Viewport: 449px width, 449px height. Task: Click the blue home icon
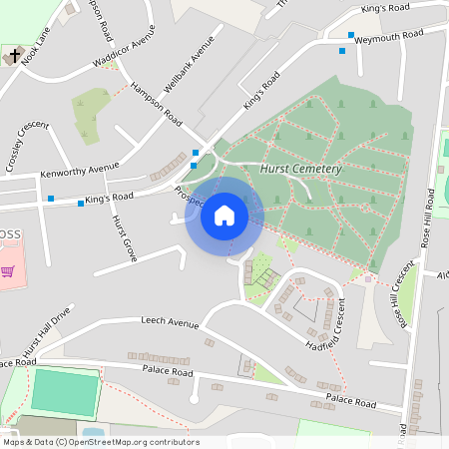pos(224,216)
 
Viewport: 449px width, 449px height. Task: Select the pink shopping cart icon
pos(8,270)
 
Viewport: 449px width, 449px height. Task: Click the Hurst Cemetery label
pos(300,170)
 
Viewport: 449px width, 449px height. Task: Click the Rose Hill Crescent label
pos(404,295)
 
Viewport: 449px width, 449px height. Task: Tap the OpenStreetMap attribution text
pos(101,442)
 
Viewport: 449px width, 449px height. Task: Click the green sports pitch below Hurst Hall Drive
pos(66,392)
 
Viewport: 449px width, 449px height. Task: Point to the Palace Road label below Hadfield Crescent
pos(350,402)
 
